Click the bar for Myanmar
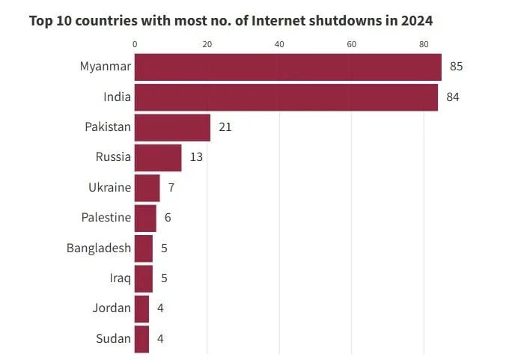[x=288, y=67]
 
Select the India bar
[x=286, y=97]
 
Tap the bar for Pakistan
[x=172, y=127]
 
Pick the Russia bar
[x=158, y=157]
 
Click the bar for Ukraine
[x=147, y=188]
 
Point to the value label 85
[x=457, y=67]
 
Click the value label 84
[x=453, y=97]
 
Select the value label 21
[x=225, y=127]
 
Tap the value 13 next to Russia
[x=196, y=157]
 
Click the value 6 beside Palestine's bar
[x=168, y=218]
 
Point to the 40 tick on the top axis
[x=279, y=44]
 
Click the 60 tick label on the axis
[x=352, y=44]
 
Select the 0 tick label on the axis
[x=135, y=44]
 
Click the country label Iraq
[x=120, y=278]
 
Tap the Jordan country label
[x=112, y=308]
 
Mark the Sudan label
[x=113, y=338]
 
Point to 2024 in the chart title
[x=416, y=20]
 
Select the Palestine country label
[x=106, y=218]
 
